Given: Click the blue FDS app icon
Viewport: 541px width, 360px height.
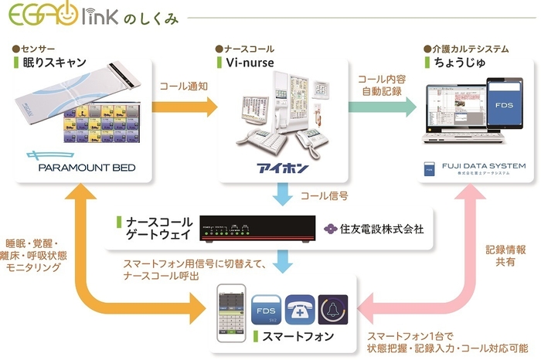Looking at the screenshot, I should (267, 311).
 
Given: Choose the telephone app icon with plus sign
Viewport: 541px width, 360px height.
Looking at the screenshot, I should (300, 311).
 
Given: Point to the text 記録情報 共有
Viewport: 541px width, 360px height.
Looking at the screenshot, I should (506, 256).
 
